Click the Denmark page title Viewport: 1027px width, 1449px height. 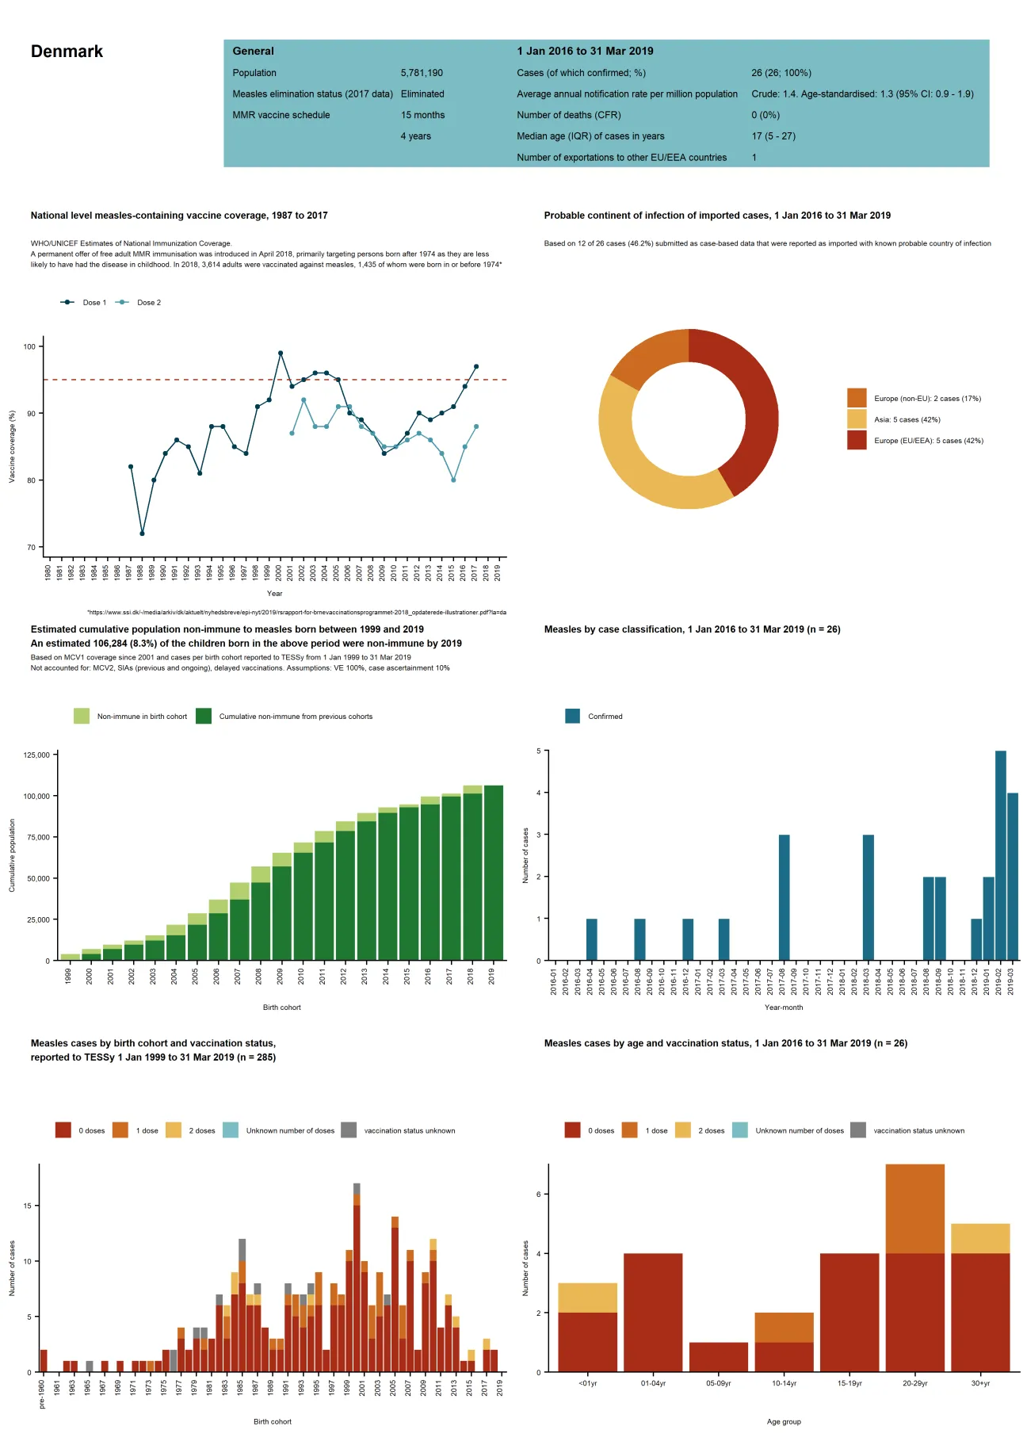67,52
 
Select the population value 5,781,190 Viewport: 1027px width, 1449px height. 422,73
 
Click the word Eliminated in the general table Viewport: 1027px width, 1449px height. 422,94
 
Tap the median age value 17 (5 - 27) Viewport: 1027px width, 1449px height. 773,136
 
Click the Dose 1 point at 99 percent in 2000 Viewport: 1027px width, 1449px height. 281,353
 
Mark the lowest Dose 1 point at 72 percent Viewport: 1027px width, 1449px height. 142,533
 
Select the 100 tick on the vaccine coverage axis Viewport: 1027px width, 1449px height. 29,346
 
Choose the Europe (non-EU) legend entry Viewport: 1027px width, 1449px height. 915,399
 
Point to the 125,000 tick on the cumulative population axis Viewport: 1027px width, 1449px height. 36,755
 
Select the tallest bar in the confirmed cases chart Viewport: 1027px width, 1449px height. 1000,856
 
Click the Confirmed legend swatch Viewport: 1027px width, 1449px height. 572,717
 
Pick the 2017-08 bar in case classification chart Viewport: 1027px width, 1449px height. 784,897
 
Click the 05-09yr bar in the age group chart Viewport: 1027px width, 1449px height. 718,1357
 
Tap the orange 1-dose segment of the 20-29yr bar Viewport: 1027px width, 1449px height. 914,1209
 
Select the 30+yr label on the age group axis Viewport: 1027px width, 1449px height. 980,1383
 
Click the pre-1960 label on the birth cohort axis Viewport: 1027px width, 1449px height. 42,1394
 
